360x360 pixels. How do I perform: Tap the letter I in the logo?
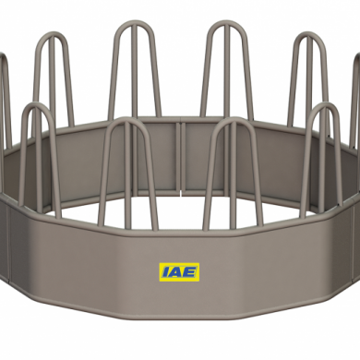point(163,270)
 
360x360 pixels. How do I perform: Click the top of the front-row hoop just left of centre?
point(127,121)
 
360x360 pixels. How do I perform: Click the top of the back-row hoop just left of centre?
point(133,25)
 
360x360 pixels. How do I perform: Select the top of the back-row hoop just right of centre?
point(222,25)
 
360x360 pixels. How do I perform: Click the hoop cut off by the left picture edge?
point(4,92)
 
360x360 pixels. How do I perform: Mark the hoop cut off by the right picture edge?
point(356,92)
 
